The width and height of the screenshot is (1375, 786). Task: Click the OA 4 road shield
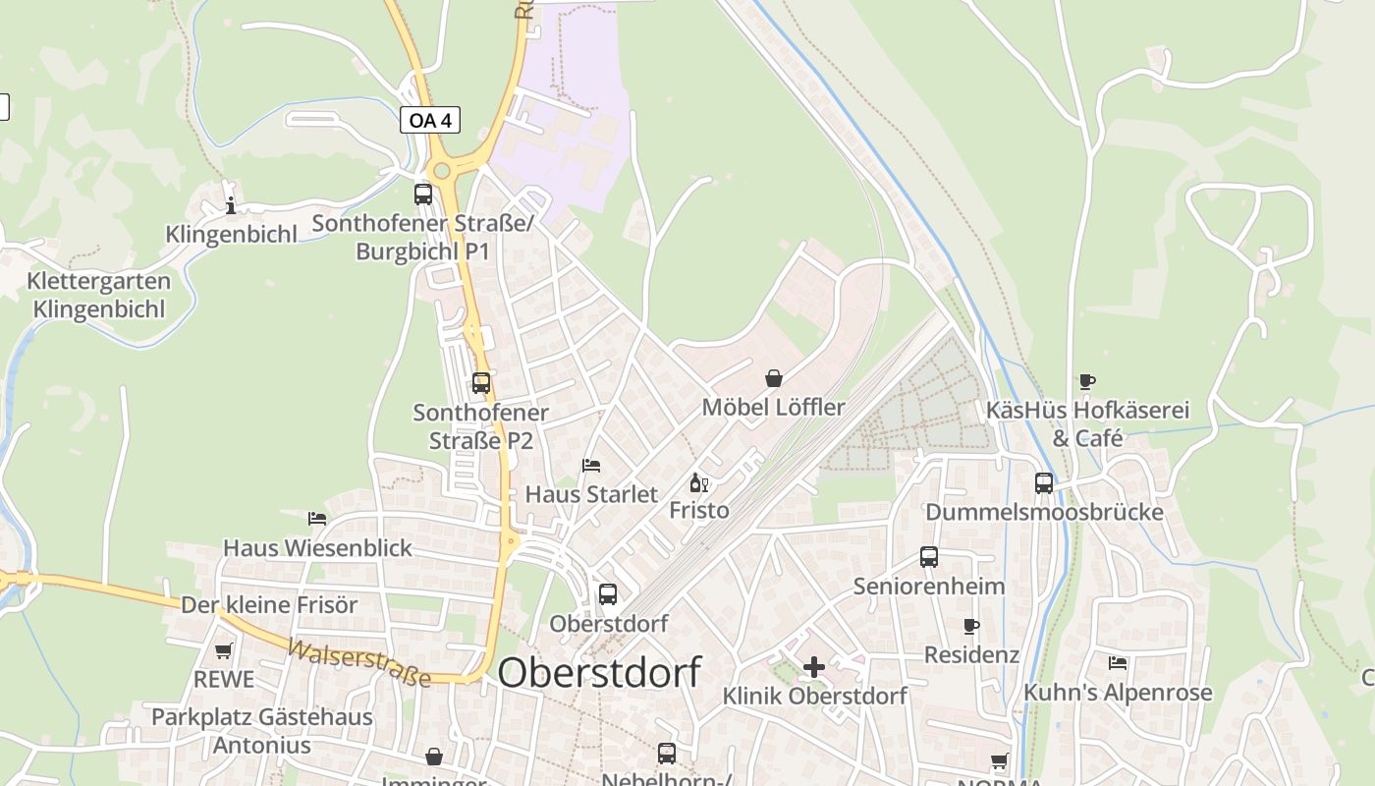(430, 120)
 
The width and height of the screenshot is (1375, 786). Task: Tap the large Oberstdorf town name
(599, 673)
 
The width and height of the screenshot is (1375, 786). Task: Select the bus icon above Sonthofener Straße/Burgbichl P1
(423, 194)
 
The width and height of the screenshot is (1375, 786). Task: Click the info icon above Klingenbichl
(231, 205)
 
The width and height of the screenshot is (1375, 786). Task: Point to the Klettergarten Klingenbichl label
(98, 295)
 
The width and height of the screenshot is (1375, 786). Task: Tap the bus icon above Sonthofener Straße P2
(481, 383)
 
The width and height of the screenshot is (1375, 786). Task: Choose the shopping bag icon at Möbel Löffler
(774, 378)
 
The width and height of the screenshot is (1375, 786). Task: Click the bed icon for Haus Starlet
(591, 465)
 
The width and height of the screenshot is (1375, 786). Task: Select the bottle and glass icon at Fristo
(699, 482)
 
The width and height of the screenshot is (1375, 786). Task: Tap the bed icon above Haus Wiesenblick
(317, 518)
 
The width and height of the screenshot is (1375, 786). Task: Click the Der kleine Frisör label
(269, 604)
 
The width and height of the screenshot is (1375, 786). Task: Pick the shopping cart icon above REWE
(224, 650)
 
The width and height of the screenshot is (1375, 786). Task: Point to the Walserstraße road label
(358, 662)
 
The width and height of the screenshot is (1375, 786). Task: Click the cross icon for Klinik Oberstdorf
(814, 667)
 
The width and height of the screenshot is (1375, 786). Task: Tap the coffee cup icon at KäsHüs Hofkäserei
(1086, 381)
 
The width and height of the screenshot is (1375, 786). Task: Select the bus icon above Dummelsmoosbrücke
(1043, 483)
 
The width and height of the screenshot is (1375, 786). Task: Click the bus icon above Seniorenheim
(929, 557)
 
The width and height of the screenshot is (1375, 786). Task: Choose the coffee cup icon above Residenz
(971, 626)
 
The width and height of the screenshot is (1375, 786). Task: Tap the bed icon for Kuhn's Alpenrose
(1118, 663)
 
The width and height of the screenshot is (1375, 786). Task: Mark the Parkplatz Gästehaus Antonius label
(262, 730)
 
